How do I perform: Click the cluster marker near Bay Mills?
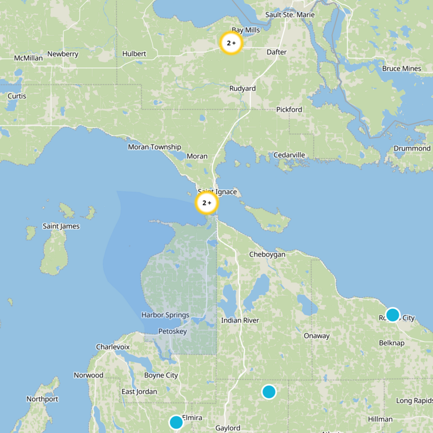tap(231, 43)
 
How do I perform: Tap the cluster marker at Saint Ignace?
tap(206, 204)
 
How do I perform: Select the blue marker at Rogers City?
tap(392, 315)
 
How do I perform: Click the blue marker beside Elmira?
tap(176, 422)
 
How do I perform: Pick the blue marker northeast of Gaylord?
tap(269, 392)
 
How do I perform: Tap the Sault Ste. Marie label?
tap(290, 14)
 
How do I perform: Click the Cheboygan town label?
tap(267, 254)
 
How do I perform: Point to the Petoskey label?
tap(172, 331)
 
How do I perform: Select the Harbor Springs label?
tap(165, 315)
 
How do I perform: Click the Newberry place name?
tap(63, 54)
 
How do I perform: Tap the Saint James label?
tap(61, 226)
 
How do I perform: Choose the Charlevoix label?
tap(113, 346)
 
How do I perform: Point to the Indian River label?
tap(240, 320)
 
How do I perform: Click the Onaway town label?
tap(316, 336)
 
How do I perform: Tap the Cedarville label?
tap(289, 155)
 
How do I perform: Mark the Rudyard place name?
tap(242, 88)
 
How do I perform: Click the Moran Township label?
tap(154, 147)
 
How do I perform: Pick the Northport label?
tap(42, 399)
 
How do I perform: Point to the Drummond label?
tap(412, 148)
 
